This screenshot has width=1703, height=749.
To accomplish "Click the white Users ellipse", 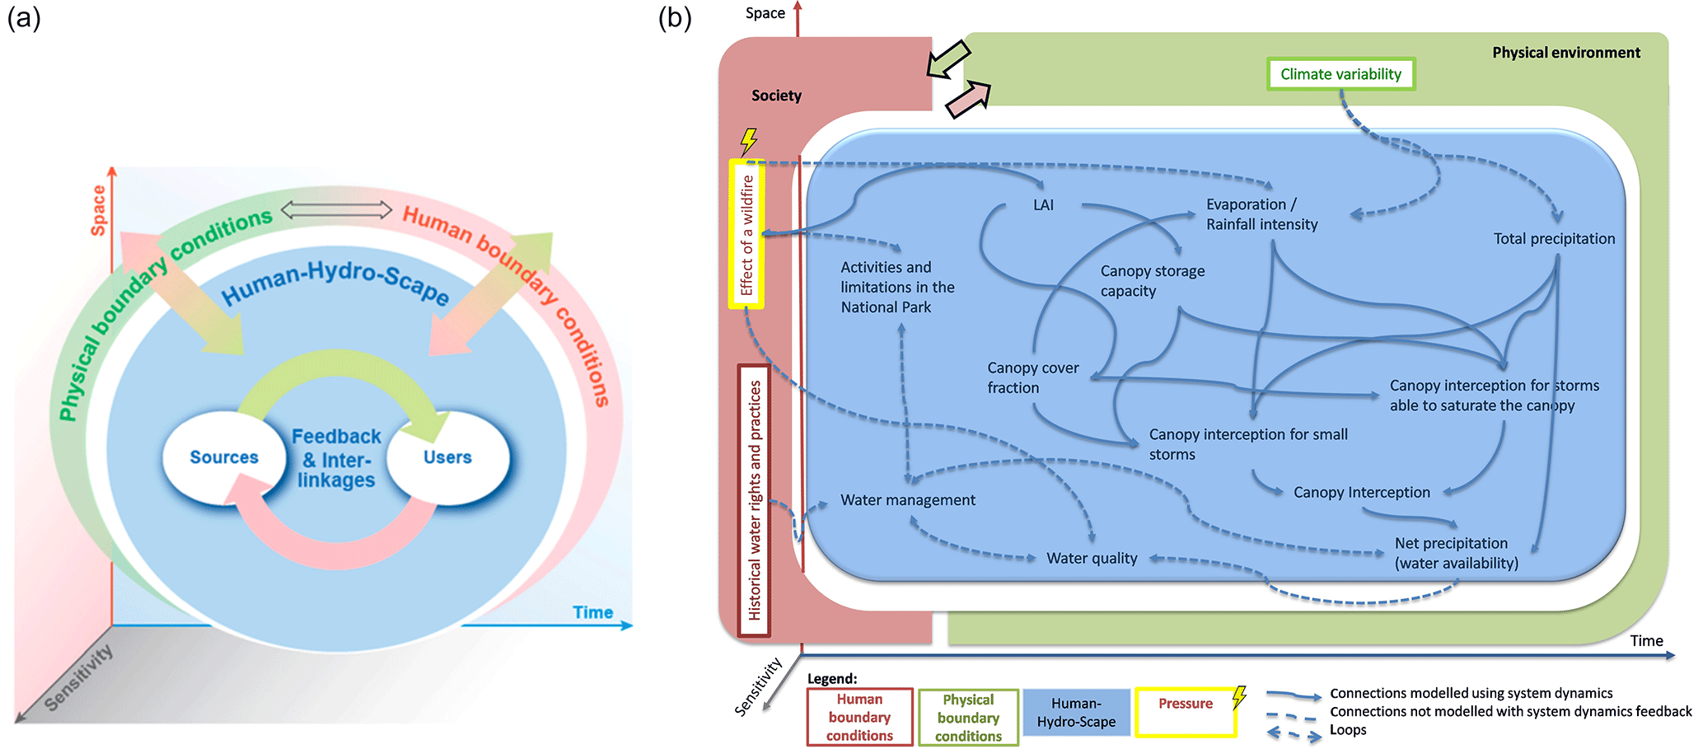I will click(447, 457).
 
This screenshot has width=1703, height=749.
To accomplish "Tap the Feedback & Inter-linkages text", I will click(336, 458).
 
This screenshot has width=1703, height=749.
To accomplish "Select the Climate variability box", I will click(1340, 74).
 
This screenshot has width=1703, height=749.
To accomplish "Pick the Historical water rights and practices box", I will click(754, 500).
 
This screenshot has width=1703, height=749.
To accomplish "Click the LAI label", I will click(1043, 205).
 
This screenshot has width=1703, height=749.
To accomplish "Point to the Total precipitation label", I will click(1554, 239).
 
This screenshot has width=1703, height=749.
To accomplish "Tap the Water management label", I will click(907, 500).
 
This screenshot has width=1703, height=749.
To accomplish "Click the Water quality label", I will click(1092, 559).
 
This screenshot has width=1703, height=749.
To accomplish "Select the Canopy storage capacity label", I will click(1152, 281).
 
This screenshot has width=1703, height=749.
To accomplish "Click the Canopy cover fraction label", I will click(1032, 378).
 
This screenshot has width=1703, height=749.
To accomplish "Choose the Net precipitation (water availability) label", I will click(1456, 554).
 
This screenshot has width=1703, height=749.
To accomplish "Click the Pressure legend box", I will click(1186, 712).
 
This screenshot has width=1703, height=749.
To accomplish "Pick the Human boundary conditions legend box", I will click(859, 718).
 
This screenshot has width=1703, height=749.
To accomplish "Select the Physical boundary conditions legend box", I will click(968, 718).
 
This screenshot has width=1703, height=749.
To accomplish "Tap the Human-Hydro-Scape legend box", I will click(1076, 713).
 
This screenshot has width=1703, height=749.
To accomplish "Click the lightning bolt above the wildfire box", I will click(748, 141).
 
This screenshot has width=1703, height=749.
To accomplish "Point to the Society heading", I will click(776, 96).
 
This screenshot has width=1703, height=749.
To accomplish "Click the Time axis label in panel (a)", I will click(592, 612).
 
